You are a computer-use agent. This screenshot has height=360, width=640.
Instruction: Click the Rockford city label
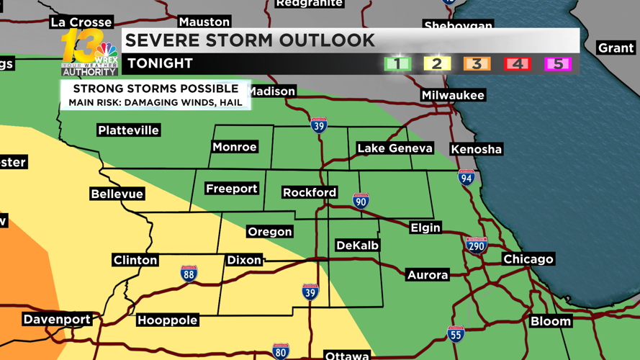click(310, 192)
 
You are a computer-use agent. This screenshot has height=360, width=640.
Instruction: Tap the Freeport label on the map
click(231, 189)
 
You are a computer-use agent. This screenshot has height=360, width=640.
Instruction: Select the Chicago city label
click(528, 259)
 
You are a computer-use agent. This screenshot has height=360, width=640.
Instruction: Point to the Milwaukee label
click(453, 95)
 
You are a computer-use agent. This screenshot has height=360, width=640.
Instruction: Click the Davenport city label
click(57, 319)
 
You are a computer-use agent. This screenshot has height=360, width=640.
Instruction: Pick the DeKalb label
click(357, 246)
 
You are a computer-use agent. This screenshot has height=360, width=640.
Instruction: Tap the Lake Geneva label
click(395, 148)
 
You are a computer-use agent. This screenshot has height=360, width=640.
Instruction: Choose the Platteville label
click(128, 130)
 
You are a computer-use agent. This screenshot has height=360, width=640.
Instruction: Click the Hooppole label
click(167, 320)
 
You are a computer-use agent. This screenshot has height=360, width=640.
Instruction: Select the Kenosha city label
click(476, 149)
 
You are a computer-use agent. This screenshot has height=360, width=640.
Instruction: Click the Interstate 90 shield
click(361, 200)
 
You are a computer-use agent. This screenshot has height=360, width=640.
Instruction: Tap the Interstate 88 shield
click(189, 273)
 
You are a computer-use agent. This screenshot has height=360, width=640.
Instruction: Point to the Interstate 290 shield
click(476, 246)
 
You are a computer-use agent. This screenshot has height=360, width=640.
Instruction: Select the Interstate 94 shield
click(467, 176)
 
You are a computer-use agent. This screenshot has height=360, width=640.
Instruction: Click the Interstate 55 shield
click(456, 333)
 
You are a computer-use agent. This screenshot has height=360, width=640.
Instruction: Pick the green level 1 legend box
click(397, 63)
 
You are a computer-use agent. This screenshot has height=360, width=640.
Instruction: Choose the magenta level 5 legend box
click(557, 63)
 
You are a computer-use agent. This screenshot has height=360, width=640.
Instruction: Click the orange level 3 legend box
click(477, 63)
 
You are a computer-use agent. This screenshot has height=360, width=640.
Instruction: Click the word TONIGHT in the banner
click(160, 63)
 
